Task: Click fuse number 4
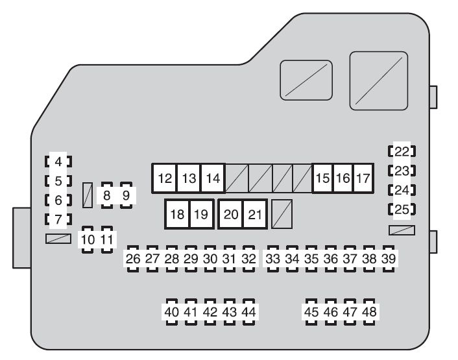coord(58,162)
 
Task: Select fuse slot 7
coord(58,219)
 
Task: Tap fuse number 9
coord(127,195)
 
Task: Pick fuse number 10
coord(88,240)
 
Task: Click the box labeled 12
coord(165,178)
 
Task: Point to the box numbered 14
coord(213,178)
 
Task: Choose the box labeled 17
coord(363,178)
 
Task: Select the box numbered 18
coord(177,214)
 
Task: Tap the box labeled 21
coord(255,214)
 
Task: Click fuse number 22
coord(402,152)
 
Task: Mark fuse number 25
coord(402,210)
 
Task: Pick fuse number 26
coord(133,259)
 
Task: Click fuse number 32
coord(248,259)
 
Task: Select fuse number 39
coord(388,259)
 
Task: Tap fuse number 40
coord(171,312)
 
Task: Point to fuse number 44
coord(248,312)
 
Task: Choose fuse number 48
coord(369,312)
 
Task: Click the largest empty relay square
coord(379,81)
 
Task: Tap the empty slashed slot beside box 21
coord(282,214)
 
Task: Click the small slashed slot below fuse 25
coord(402,230)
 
